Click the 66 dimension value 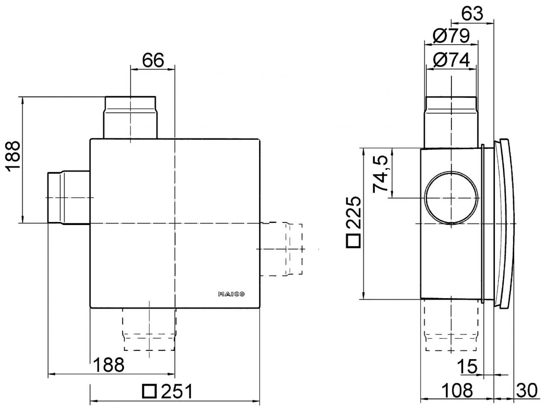click(x=153, y=61)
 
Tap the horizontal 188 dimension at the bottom click(x=108, y=365)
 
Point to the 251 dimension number click(x=177, y=392)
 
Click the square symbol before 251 click(x=149, y=391)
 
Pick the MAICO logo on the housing click(x=231, y=294)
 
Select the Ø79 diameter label click(x=451, y=36)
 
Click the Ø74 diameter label click(x=451, y=61)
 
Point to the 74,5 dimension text click(x=381, y=172)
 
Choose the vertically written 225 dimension click(x=353, y=212)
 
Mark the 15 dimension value click(x=467, y=367)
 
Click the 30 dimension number click(x=526, y=391)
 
